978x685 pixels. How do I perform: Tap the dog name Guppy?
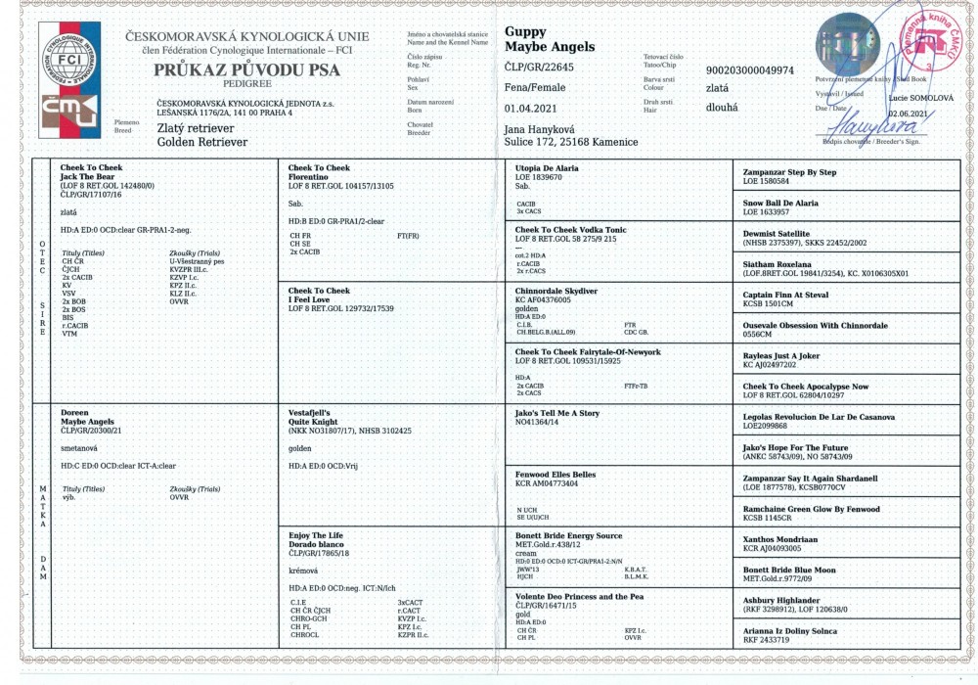tap(525, 31)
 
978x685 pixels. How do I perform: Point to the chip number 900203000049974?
tap(750, 70)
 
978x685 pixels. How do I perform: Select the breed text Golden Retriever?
tap(202, 142)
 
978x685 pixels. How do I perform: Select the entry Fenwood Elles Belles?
tap(556, 475)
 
